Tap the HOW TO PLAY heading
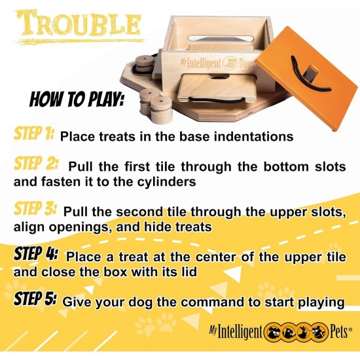(x=77, y=99)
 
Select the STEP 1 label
(x=34, y=133)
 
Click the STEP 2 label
(x=36, y=163)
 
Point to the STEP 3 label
(x=35, y=208)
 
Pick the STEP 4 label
(x=36, y=253)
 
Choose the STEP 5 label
(x=35, y=298)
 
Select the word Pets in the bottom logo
(x=339, y=332)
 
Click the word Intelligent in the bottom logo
(x=239, y=332)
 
